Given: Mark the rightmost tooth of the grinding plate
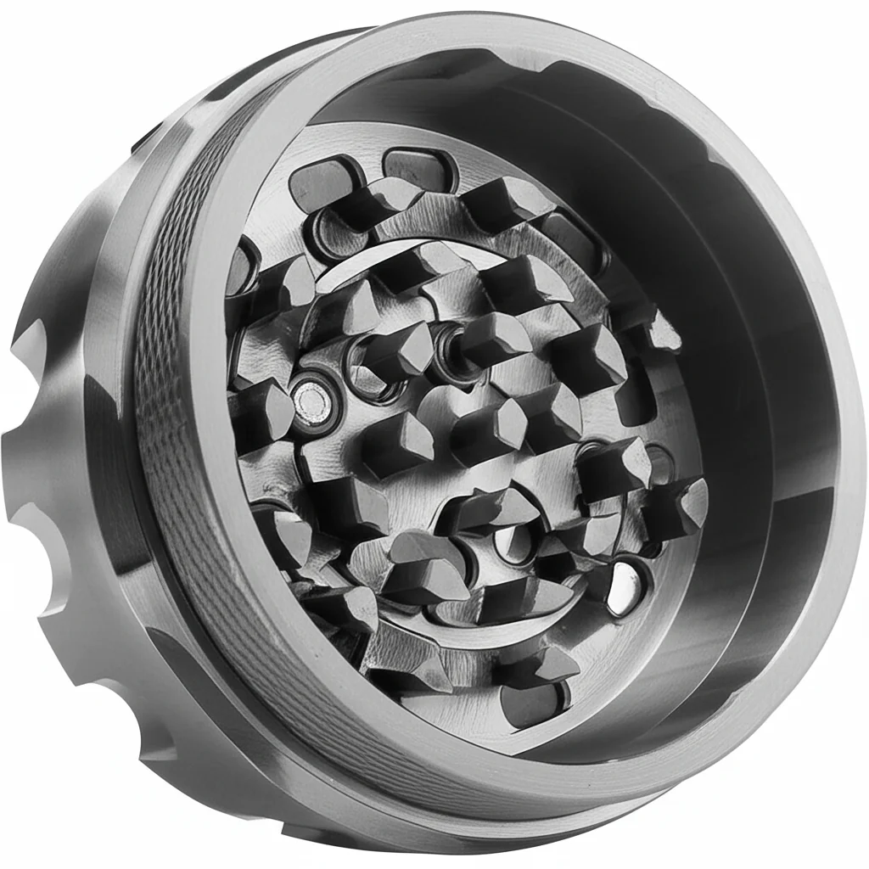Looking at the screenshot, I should point(679,501).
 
